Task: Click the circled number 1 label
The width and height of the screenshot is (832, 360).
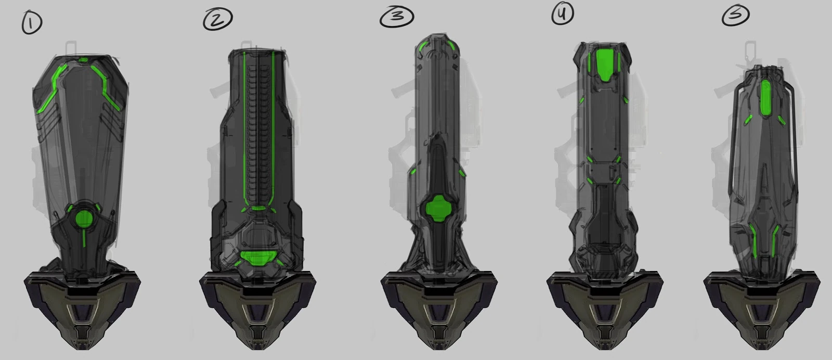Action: (x=32, y=23)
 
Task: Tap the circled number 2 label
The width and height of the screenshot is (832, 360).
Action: (x=218, y=19)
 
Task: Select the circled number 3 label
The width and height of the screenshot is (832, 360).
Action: (x=397, y=17)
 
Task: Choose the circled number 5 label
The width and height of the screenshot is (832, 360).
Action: (x=735, y=16)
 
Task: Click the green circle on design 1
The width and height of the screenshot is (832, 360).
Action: (x=84, y=218)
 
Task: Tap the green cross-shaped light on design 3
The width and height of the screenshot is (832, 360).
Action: (x=438, y=209)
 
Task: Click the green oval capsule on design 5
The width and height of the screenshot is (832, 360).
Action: (x=765, y=98)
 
